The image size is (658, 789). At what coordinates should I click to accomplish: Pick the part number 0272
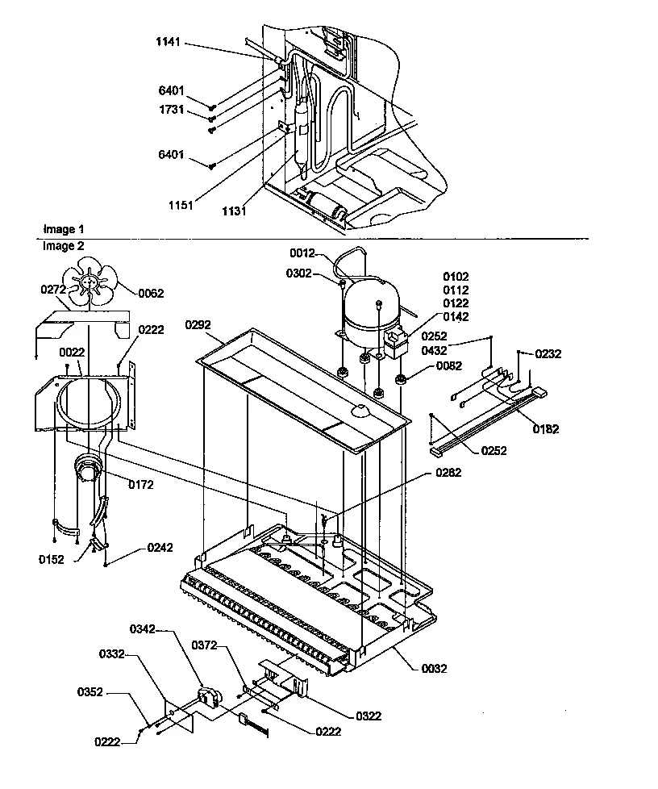coord(53,288)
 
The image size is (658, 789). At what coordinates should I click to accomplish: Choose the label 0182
coord(546,429)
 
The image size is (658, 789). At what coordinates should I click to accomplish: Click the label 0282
coord(448,473)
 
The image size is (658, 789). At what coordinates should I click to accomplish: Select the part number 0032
coord(433,668)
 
